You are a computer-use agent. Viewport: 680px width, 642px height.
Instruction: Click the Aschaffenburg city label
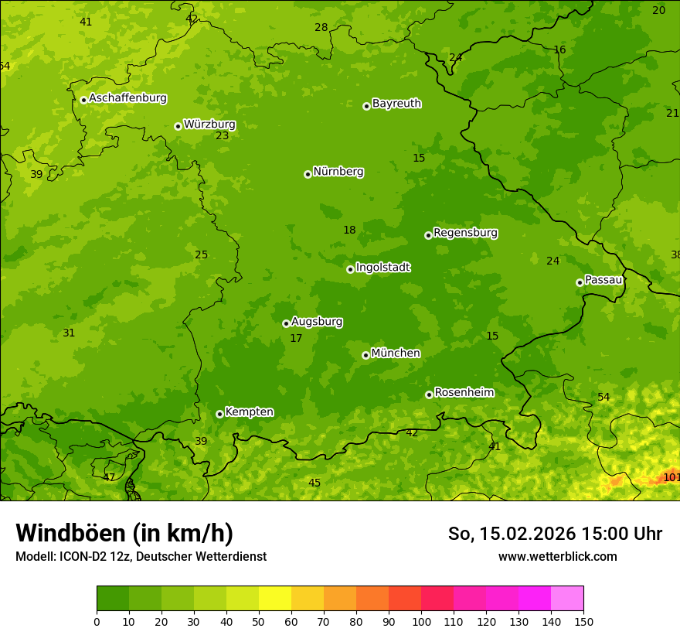pyautogui.click(x=127, y=98)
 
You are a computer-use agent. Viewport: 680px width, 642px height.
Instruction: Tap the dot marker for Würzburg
pyautogui.click(x=178, y=126)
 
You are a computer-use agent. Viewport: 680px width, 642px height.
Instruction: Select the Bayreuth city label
pyautogui.click(x=396, y=103)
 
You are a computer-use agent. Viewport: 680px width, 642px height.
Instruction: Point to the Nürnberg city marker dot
pyautogui.click(x=308, y=174)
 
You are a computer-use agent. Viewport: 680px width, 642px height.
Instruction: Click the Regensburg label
pyautogui.click(x=465, y=232)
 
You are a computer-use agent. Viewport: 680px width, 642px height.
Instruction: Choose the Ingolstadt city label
pyautogui.click(x=382, y=268)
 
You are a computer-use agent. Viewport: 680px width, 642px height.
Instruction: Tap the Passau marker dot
pyautogui.click(x=580, y=282)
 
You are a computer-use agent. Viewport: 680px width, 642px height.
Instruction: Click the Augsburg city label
pyautogui.click(x=317, y=322)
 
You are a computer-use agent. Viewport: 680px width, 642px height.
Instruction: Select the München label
pyautogui.click(x=396, y=353)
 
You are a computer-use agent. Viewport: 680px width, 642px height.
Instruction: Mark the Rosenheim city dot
pyautogui.click(x=429, y=394)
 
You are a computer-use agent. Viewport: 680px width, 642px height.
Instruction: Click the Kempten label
pyautogui.click(x=249, y=411)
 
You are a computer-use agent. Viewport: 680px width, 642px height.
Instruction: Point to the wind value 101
pyautogui.click(x=671, y=477)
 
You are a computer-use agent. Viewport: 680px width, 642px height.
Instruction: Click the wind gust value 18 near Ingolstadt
pyautogui.click(x=349, y=230)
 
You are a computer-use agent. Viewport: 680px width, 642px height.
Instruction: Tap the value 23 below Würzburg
pyautogui.click(x=222, y=135)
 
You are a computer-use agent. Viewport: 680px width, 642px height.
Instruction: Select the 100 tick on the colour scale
pyautogui.click(x=421, y=621)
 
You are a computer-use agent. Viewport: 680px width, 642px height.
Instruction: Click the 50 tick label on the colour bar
pyautogui.click(x=259, y=621)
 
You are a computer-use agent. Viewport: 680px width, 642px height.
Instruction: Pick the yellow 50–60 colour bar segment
pyautogui.click(x=275, y=599)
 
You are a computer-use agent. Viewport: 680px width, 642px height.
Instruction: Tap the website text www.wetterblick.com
pyautogui.click(x=557, y=556)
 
